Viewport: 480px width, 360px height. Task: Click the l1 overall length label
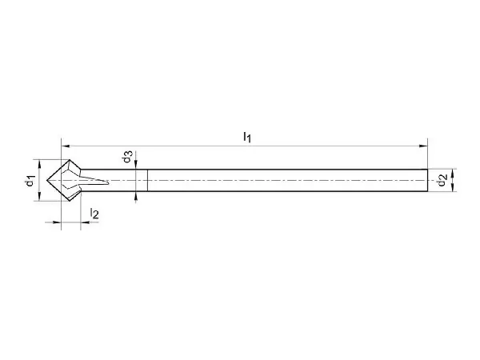pos(247,137)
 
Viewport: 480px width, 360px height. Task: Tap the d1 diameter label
pos(30,181)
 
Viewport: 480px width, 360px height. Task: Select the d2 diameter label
pos(442,180)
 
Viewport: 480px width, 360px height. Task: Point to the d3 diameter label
pos(128,156)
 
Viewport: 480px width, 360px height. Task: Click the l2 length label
pos(94,214)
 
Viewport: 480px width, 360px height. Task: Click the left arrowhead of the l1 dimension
pos(66,146)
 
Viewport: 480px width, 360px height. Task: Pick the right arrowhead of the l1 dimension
pos(423,146)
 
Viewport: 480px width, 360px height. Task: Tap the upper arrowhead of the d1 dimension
pos(39,164)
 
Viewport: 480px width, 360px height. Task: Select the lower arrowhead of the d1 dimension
pos(39,196)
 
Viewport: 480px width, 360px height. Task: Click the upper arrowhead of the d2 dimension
pos(453,174)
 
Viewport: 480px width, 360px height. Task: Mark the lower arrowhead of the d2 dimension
pos(453,187)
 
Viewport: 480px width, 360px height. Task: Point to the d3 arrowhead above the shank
pos(136,165)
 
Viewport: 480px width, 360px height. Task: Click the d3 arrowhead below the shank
pos(136,196)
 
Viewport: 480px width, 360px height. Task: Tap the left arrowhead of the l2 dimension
pos(57,222)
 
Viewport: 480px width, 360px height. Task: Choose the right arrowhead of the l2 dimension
pos(85,222)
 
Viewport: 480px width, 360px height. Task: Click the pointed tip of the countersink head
pos(47,180)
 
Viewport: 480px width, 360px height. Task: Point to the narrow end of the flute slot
pos(109,182)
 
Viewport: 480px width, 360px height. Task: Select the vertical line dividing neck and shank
pos(147,180)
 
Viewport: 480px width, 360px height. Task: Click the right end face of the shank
pos(427,180)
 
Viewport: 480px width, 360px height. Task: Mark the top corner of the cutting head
pos(70,159)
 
